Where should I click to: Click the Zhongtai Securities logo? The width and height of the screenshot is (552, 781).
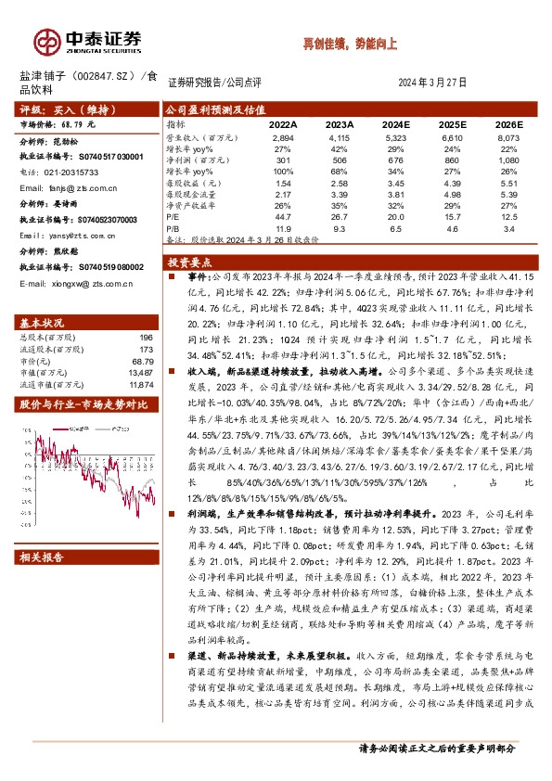pos(88,40)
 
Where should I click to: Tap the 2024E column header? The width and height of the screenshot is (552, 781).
pos(395,123)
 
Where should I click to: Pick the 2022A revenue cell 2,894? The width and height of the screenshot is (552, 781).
pos(280,136)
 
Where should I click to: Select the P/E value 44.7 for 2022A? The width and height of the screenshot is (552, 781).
pos(282,215)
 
